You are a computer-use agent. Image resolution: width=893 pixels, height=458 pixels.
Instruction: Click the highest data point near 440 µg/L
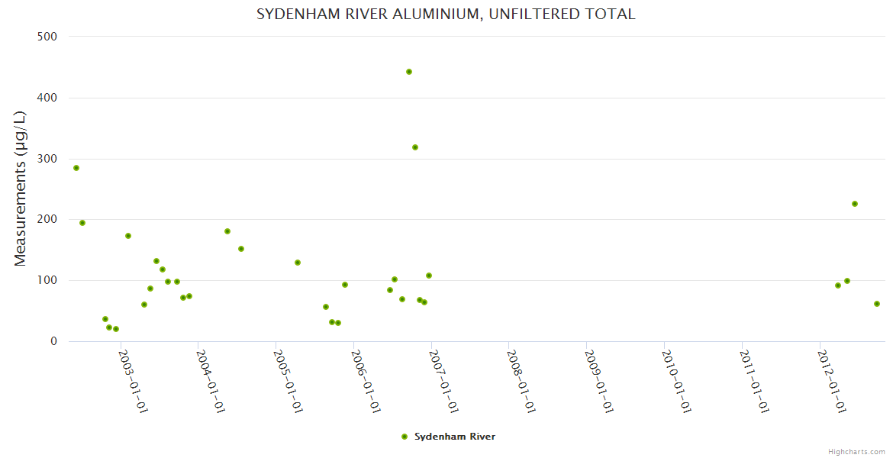(x=409, y=72)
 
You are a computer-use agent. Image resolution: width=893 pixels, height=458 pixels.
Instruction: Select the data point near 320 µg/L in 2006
(x=415, y=147)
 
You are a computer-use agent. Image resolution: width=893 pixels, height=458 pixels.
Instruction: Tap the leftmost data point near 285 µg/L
(x=76, y=168)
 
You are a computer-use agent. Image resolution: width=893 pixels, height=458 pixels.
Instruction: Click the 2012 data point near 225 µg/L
(x=855, y=204)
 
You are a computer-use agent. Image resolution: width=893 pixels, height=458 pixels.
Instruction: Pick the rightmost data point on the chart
(x=877, y=304)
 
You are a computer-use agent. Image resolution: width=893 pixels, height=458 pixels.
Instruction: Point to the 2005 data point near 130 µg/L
(x=298, y=263)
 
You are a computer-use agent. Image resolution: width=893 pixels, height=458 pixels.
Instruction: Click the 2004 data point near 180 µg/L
(x=227, y=231)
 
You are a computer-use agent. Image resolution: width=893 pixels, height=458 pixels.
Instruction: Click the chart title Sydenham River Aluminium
(x=446, y=15)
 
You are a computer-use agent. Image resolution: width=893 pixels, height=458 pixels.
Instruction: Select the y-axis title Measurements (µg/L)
(x=21, y=189)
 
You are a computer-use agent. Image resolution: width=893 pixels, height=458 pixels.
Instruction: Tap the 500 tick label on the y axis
(x=48, y=36)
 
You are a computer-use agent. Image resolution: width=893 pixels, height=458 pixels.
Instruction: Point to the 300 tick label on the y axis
(x=48, y=159)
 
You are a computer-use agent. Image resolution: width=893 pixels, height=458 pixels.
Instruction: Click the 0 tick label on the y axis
(x=54, y=341)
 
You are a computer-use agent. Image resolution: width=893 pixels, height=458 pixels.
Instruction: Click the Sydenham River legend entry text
(x=455, y=437)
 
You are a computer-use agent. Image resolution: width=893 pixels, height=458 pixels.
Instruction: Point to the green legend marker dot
(x=405, y=437)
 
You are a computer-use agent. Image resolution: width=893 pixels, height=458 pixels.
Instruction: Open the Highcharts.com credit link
(x=856, y=451)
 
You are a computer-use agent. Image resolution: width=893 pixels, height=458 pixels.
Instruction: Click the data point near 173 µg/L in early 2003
(x=128, y=236)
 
